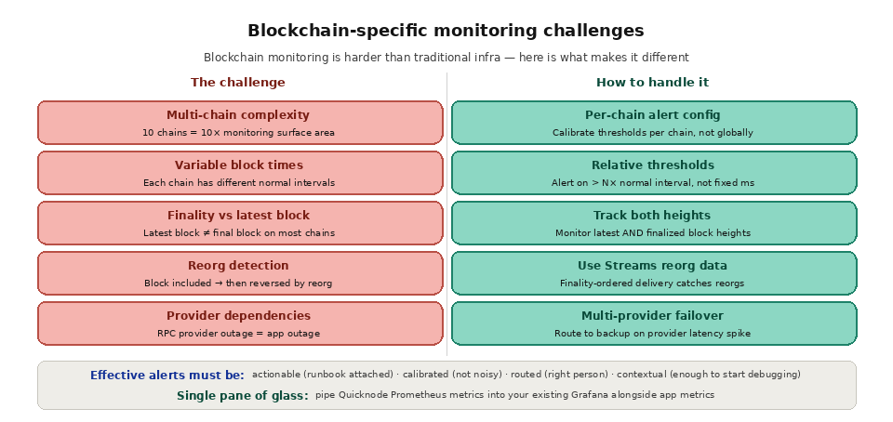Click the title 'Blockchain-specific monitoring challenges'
(446, 31)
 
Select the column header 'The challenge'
(238, 83)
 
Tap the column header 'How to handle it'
(652, 83)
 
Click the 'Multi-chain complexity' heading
(238, 115)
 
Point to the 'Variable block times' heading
(238, 165)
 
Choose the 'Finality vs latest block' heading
(238, 216)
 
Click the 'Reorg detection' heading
(238, 266)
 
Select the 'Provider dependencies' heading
(238, 316)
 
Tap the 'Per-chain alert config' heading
(652, 115)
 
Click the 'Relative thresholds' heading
(652, 165)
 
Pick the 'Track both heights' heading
(652, 216)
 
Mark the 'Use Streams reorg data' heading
(652, 266)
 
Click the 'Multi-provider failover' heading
(652, 316)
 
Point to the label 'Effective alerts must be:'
(167, 376)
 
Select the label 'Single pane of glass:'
(243, 396)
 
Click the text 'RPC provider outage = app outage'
(238, 334)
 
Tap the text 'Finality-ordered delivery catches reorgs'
(652, 284)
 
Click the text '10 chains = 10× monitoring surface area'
(238, 133)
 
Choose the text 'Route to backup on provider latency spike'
(652, 334)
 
